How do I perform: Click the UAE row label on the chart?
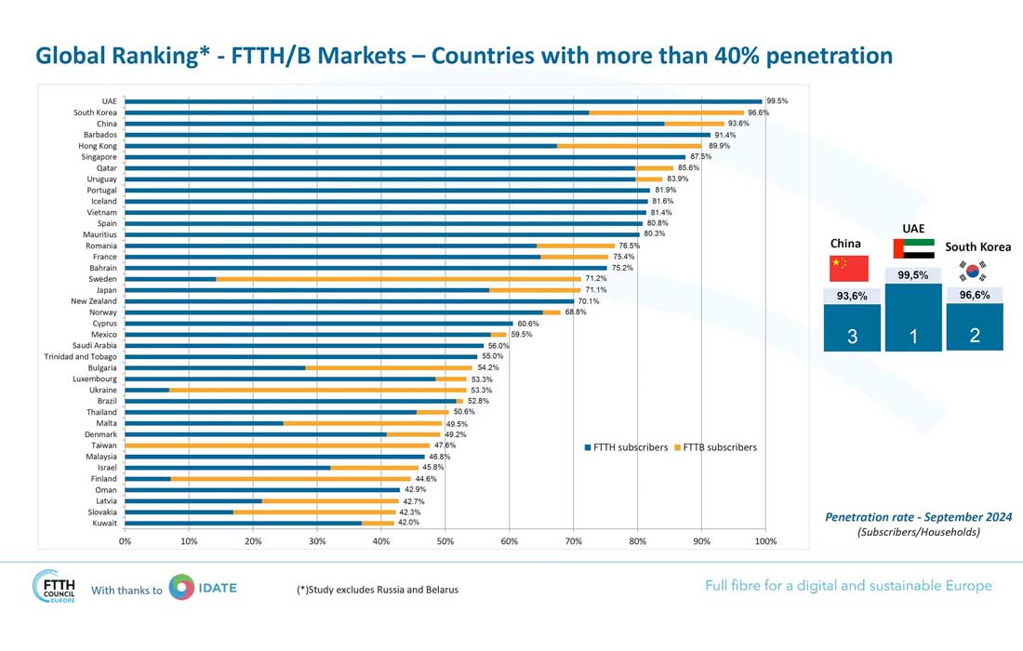[109, 101]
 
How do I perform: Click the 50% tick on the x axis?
[445, 540]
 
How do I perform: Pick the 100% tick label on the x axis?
[764, 540]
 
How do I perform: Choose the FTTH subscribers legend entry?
[625, 447]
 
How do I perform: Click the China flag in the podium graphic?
[848, 268]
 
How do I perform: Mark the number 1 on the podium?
[912, 337]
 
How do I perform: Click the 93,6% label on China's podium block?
[851, 297]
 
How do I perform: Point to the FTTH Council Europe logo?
[55, 588]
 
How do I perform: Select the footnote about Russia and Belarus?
[377, 590]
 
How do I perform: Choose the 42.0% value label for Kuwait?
[408, 524]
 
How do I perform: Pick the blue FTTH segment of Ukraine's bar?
[147, 391]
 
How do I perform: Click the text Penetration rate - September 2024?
[918, 517]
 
